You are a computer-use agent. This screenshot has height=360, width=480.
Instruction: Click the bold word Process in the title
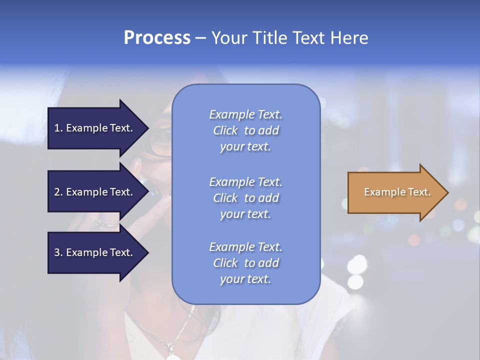[x=157, y=38]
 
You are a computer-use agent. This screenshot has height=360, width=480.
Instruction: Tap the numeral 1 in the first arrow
[x=57, y=128]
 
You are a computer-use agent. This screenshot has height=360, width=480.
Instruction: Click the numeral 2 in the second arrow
[x=57, y=192]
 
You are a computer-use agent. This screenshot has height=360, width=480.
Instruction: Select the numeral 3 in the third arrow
[x=57, y=252]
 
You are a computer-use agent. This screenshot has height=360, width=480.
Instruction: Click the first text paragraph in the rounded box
[x=245, y=130]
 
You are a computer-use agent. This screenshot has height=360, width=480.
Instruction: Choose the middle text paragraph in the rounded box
[x=245, y=198]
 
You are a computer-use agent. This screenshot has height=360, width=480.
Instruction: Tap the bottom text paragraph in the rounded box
[x=245, y=263]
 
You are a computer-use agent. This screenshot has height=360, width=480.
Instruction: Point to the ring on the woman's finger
[x=99, y=223]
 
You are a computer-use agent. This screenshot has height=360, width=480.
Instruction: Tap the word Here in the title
[x=349, y=38]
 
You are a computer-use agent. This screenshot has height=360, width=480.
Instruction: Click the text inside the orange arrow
[x=397, y=192]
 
